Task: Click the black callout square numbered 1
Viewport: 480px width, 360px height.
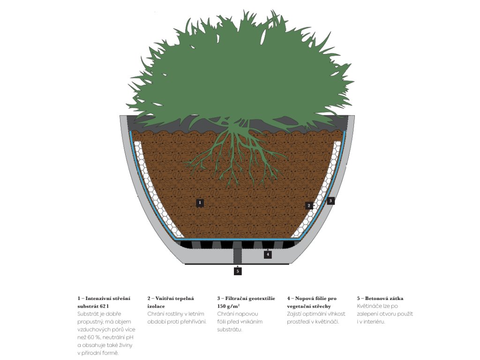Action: (200, 203)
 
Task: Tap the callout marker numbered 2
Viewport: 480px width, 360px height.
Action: (309, 205)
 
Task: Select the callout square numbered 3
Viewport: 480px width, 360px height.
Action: (331, 201)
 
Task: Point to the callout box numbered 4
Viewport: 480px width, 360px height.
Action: (267, 255)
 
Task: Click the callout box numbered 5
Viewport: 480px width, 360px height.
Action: (238, 271)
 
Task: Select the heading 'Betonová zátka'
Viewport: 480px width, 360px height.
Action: (380, 298)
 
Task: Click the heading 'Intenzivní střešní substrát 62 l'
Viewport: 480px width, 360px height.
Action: (104, 302)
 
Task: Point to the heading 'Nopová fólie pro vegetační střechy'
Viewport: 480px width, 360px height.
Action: (312, 302)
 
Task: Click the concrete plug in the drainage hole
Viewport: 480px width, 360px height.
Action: (238, 255)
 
